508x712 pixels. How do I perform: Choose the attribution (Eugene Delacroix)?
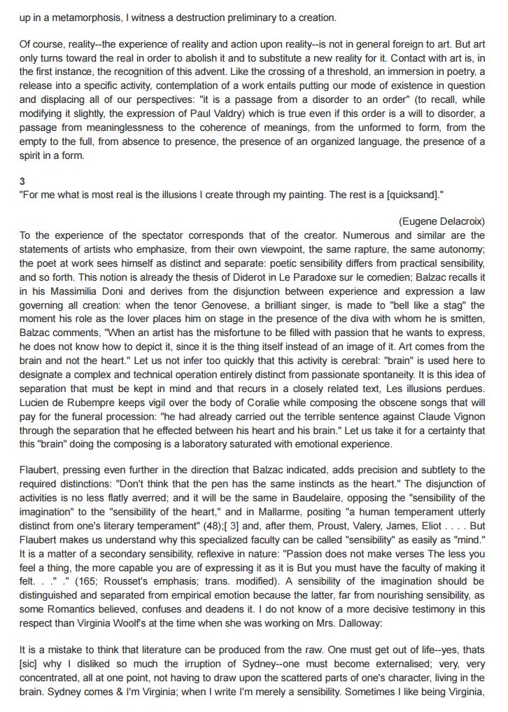pyautogui.click(x=442, y=221)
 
